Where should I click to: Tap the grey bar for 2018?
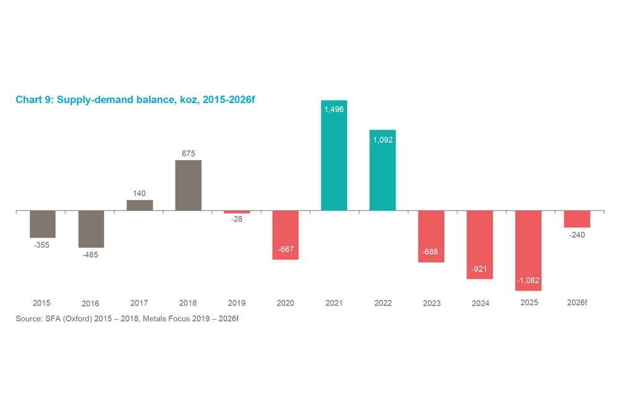(188, 185)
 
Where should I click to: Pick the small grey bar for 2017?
(139, 205)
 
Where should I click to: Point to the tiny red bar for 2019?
(237, 212)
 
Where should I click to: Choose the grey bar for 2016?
(91, 229)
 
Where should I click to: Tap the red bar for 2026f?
(577, 219)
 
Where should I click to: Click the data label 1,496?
(334, 109)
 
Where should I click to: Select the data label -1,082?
(528, 281)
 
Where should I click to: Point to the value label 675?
(188, 153)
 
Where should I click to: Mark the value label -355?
(42, 245)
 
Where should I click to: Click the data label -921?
(480, 269)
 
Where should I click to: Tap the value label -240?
(577, 235)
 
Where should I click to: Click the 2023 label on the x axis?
(432, 304)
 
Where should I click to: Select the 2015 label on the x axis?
(42, 303)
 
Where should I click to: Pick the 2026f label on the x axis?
(577, 303)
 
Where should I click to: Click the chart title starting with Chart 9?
(135, 100)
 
